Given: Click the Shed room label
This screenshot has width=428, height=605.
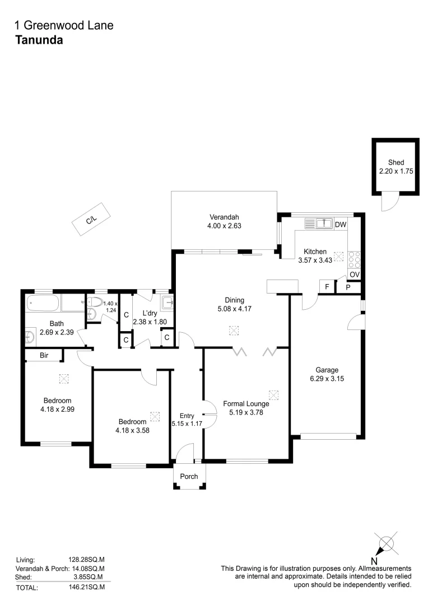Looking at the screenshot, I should point(396,162).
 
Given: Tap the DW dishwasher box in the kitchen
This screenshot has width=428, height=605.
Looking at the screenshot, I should point(340,224).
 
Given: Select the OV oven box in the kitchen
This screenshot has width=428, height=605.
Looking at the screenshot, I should point(354,274).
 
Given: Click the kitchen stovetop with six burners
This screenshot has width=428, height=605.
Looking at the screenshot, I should point(354,259).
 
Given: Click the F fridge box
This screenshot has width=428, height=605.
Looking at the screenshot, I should point(327,286).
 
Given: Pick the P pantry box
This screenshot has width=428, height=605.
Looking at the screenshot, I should point(347,286).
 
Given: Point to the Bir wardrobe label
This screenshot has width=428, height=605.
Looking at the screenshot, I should point(43,355).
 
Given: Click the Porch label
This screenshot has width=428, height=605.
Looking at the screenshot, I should point(189,476).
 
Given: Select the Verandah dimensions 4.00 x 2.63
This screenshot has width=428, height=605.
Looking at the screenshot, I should point(225,226).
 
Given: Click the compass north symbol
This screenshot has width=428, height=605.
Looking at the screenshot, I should point(386,543).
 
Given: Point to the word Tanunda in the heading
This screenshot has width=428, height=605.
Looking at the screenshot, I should point(38,40).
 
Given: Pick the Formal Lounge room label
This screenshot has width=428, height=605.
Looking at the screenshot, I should point(246,403).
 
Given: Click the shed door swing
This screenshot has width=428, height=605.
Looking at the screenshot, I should point(389,202).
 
